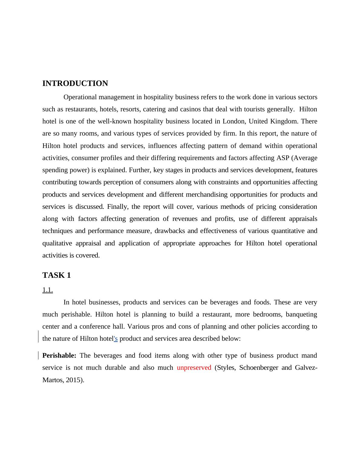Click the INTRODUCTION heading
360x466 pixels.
[x=75, y=84]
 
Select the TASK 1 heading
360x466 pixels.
[x=57, y=275]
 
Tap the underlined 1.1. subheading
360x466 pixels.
[x=47, y=290]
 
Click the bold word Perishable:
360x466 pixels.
[x=59, y=355]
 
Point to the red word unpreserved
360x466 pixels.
[x=194, y=367]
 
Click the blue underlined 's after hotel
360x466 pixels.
[x=116, y=339]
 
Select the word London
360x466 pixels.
[x=234, y=121]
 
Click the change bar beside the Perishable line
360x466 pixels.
[x=38, y=355]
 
